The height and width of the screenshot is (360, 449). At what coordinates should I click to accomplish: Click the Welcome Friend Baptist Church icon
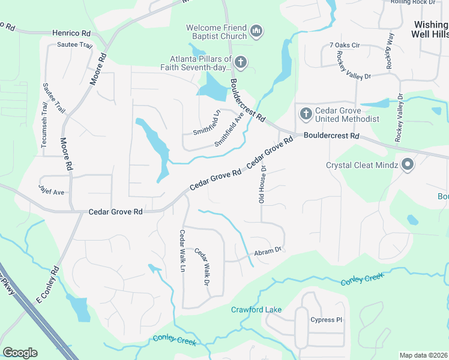click(256, 31)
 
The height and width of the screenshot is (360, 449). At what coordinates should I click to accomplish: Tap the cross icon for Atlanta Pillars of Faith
click(240, 62)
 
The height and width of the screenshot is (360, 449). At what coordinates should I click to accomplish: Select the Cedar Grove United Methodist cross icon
click(305, 113)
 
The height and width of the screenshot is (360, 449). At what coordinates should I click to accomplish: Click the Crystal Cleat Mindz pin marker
click(408, 164)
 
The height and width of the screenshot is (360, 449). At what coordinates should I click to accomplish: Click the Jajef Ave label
click(51, 189)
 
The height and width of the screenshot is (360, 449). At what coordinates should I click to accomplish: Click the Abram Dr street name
click(268, 251)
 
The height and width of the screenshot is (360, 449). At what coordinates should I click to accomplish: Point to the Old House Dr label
click(262, 184)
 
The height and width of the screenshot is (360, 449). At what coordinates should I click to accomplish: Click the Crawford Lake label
click(252, 310)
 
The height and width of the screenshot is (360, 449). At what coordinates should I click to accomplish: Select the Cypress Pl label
click(326, 320)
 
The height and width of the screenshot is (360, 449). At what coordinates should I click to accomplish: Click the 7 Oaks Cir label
click(344, 45)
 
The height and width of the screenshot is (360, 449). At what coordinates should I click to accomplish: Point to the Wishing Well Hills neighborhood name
click(430, 29)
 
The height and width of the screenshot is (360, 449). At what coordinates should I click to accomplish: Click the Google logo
click(20, 353)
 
